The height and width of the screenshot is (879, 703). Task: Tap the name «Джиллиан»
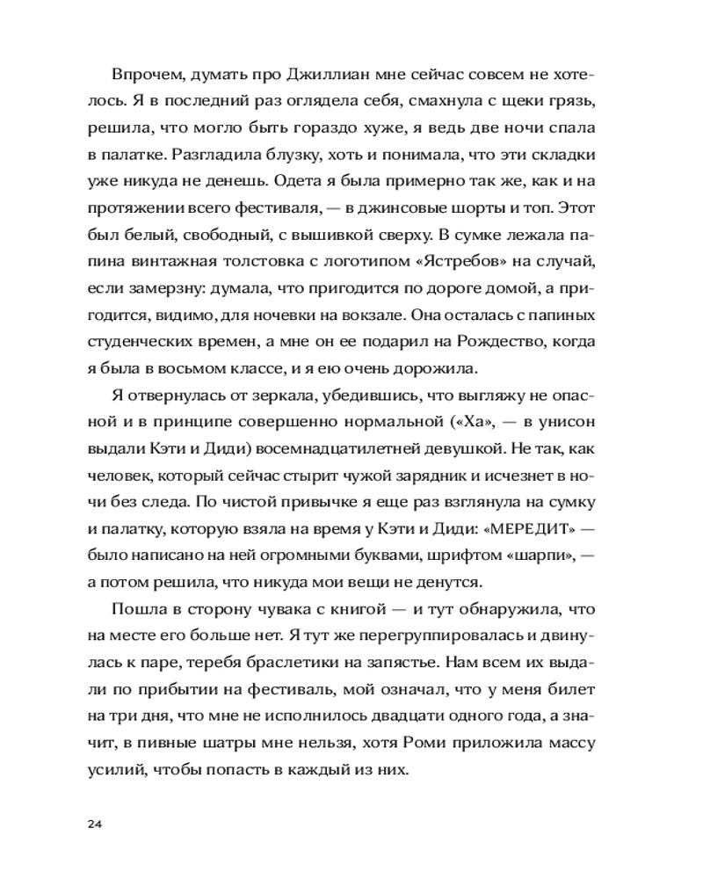point(311,78)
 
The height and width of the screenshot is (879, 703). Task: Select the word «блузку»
point(306,155)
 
